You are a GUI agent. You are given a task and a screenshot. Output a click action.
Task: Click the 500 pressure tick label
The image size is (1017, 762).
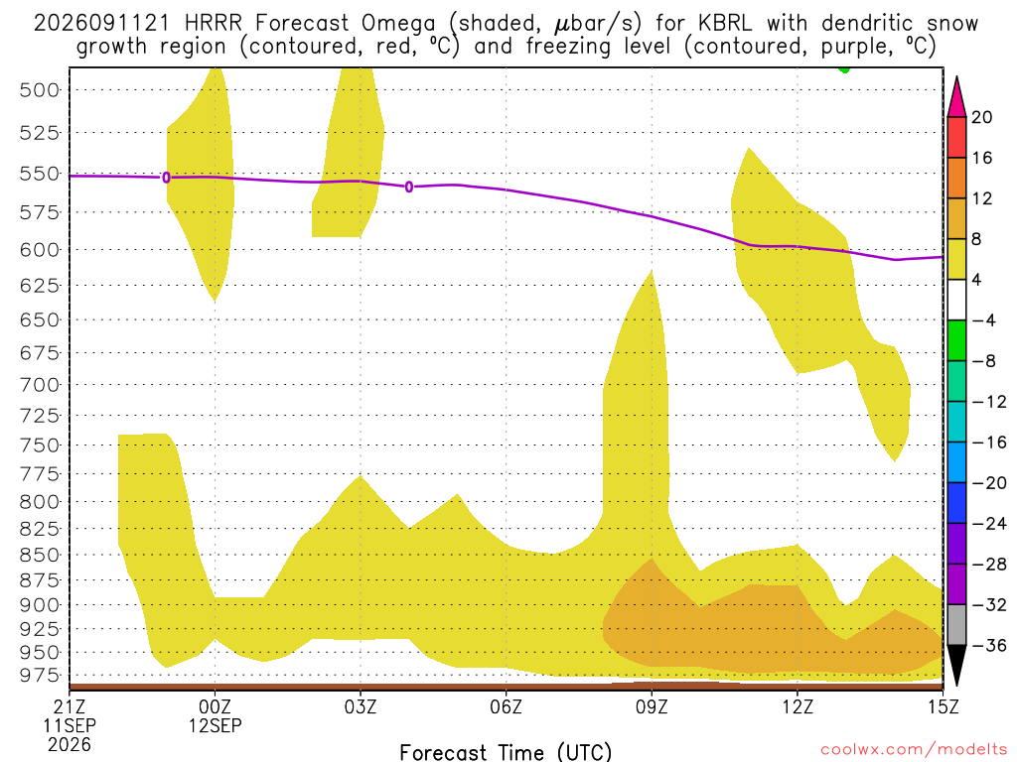pos(40,90)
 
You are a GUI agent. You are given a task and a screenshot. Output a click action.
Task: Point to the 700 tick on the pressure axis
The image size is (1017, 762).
pos(40,385)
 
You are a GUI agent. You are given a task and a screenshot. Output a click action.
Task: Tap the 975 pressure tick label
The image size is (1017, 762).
pos(40,675)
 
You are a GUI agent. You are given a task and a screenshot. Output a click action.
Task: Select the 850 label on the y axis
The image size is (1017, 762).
pos(40,556)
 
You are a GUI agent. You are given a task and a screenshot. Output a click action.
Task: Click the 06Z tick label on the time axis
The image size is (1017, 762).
pos(506,706)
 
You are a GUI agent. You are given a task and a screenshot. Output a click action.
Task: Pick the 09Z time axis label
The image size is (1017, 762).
pos(652,706)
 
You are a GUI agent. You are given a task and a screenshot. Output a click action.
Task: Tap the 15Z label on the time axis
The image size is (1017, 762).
pos(943,706)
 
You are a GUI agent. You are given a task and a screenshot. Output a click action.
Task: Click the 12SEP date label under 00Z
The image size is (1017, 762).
pos(215,725)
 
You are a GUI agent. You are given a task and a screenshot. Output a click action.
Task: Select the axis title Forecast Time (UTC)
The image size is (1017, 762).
pos(506,752)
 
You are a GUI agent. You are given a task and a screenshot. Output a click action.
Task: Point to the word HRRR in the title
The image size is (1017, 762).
pos(213,24)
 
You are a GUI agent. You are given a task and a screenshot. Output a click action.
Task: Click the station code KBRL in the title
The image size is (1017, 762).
pos(725,24)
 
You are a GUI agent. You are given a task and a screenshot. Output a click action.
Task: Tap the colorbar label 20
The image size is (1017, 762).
pos(982,117)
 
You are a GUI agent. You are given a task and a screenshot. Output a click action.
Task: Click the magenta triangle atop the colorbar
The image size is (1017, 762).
pos(956,98)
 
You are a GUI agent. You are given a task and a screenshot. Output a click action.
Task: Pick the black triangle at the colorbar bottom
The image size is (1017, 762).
pos(956,665)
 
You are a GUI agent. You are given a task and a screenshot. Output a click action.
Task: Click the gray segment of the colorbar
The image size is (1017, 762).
pos(956,625)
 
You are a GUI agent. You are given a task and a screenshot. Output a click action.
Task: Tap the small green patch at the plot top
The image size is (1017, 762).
pos(844,68)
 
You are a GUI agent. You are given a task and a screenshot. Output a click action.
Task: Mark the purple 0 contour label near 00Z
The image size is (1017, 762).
pos(167,178)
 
